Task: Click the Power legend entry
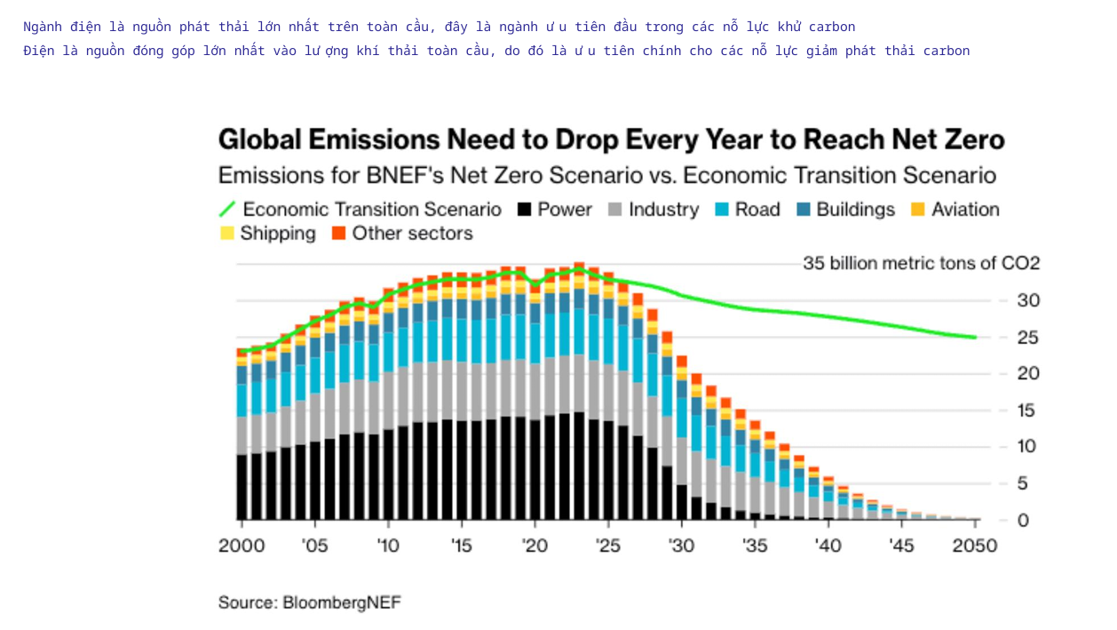pyautogui.click(x=554, y=210)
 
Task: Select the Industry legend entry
pyautogui.click(x=654, y=210)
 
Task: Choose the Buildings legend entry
pyautogui.click(x=845, y=210)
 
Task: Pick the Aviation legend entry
pyautogui.click(x=955, y=210)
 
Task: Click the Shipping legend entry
pyautogui.click(x=267, y=234)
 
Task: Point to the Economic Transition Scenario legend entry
pyautogui.click(x=360, y=210)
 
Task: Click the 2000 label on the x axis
pyautogui.click(x=242, y=546)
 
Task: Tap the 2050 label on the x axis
pyautogui.click(x=975, y=546)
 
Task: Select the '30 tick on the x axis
pyautogui.click(x=681, y=546)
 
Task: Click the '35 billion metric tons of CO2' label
pyautogui.click(x=921, y=263)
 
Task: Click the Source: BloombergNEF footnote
pyautogui.click(x=310, y=602)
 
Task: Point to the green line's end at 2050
pyautogui.click(x=975, y=337)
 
